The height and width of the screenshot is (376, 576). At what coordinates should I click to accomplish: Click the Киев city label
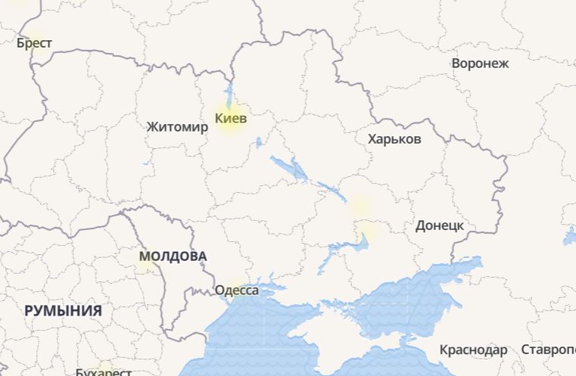point(231,119)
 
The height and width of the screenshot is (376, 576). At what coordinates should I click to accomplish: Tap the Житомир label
point(177,127)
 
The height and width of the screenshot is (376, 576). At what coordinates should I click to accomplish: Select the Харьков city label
point(394,139)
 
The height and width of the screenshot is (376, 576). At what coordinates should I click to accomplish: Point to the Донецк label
point(439,225)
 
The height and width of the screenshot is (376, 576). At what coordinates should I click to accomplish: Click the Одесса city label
point(236,290)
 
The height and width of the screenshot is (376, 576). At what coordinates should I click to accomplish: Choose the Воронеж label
point(480,64)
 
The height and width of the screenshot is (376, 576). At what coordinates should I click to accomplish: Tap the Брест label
point(34,43)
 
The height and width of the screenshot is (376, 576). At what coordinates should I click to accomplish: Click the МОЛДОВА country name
point(173,256)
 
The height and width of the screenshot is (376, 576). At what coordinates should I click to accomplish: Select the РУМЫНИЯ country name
point(63,311)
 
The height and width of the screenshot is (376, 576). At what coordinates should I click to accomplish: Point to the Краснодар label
point(473,350)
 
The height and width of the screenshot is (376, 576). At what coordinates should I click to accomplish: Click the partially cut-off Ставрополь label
point(548,350)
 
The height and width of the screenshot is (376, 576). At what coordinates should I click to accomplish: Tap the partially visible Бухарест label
point(104,371)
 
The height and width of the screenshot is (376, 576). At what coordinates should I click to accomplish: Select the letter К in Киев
point(220,119)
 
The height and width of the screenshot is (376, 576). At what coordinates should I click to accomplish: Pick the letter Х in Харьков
point(372,139)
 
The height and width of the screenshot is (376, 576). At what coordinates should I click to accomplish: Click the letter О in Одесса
point(220,290)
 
